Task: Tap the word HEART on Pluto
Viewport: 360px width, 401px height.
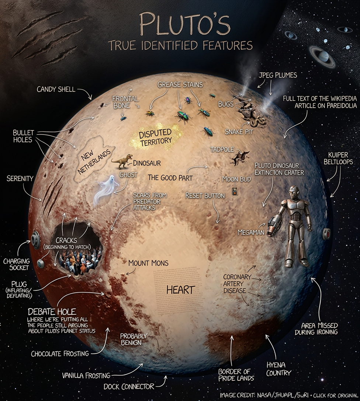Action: [x=180, y=290]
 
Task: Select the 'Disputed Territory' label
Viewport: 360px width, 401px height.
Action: [x=155, y=136]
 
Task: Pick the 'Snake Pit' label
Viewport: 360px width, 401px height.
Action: [x=239, y=131]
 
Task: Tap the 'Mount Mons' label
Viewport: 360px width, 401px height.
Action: [x=148, y=263]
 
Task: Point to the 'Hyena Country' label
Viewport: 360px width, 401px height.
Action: [x=278, y=368]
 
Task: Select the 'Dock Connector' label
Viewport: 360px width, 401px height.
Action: [x=129, y=387]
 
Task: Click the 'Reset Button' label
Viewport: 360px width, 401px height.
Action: [x=205, y=196]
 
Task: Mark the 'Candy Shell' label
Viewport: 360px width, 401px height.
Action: [x=56, y=89]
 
